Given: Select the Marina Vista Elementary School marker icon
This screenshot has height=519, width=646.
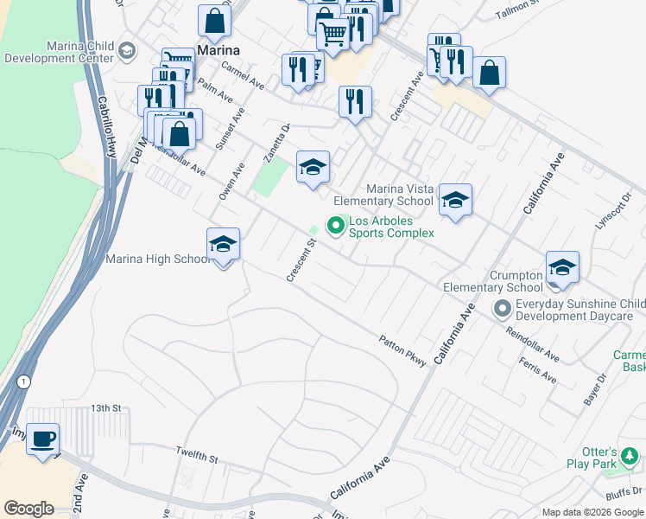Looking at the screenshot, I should [455, 201].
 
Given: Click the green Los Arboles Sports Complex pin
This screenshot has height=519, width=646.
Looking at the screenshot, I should [336, 227].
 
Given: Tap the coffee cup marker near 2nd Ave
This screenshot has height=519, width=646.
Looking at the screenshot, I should [42, 439].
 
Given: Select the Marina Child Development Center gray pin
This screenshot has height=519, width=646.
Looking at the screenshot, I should [127, 50].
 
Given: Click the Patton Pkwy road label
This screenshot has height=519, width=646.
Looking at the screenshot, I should [402, 351].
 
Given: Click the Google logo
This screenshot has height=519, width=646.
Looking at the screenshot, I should [28, 509].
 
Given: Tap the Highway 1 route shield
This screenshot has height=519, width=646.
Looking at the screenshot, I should [23, 381].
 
